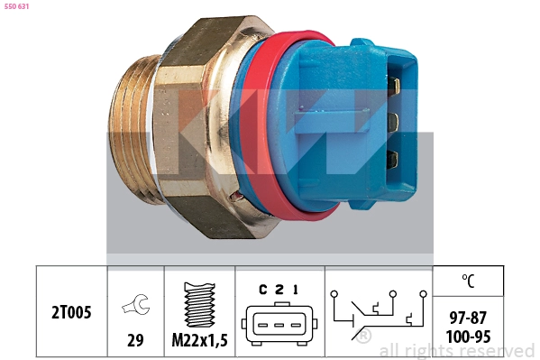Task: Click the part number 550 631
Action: point(16,6)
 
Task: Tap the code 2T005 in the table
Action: point(71,312)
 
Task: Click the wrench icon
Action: point(136,304)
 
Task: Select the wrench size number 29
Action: point(135,340)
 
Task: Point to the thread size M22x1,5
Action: point(200,340)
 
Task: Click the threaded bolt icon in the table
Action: point(200,305)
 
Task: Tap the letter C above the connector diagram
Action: point(263,290)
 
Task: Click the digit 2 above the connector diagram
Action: point(279,290)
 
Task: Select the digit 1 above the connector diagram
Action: point(296,290)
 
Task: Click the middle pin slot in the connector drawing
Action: point(279,325)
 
